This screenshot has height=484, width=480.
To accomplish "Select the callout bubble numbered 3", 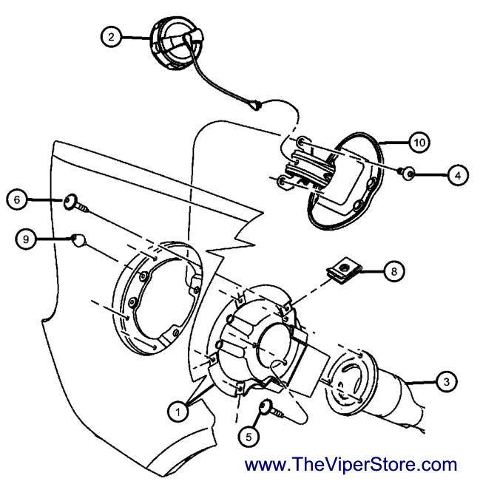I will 445,381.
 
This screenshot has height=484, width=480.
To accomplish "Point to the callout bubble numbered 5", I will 249,436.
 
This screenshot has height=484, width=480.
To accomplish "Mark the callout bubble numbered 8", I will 393,271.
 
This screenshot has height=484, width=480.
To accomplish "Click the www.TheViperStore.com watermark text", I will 351,465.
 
